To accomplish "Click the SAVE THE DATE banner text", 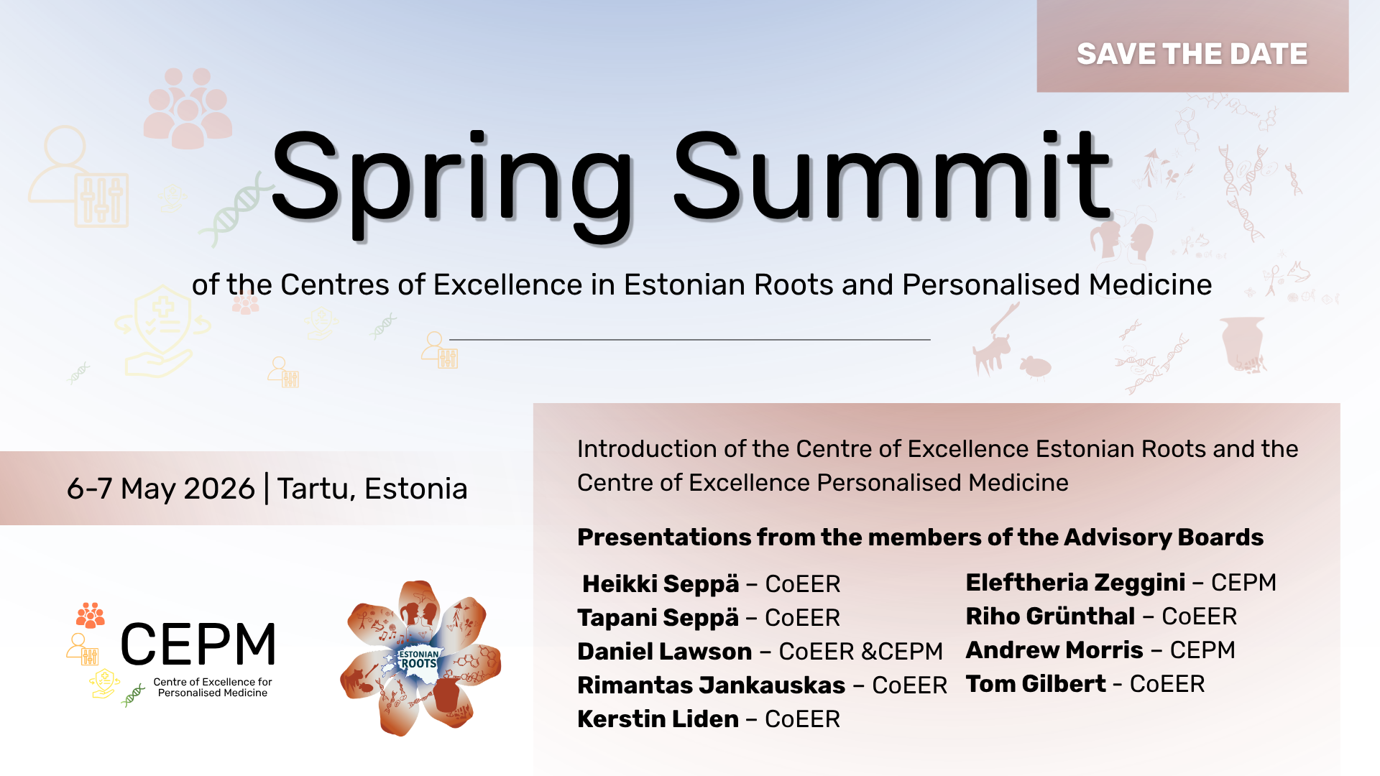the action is click(x=1192, y=55).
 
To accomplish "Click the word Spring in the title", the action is click(x=451, y=183).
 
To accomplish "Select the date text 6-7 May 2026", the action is click(x=161, y=489).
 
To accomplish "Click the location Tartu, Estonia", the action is click(x=372, y=489).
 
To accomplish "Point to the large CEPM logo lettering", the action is click(x=198, y=645).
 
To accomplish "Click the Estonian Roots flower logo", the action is click(x=420, y=658).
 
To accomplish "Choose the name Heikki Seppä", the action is click(x=661, y=584).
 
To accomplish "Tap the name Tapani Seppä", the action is click(x=658, y=618).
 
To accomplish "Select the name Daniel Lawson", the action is click(x=665, y=652).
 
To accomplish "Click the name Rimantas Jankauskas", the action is click(x=712, y=685).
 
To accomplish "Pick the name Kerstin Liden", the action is click(x=658, y=719).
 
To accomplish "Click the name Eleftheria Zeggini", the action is click(x=1075, y=583).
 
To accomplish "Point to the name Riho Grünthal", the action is click(x=1051, y=616).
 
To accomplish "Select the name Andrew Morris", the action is click(x=1054, y=650).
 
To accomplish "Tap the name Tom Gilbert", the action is click(x=1036, y=684).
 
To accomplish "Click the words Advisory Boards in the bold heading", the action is click(x=1164, y=537).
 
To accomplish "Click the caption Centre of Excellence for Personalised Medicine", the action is click(x=213, y=688).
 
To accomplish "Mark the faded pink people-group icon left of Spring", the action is click(x=188, y=108).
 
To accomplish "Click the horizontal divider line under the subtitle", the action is click(x=690, y=339).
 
